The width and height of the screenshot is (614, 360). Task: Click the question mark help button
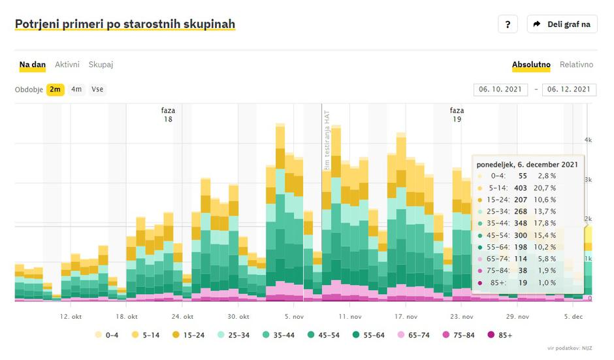point(508,24)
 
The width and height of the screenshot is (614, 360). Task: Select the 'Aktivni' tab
point(67,65)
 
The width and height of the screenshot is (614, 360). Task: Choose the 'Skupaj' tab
point(101,65)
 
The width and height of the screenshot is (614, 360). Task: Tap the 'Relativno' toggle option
point(576,65)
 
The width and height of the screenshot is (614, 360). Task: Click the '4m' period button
point(76,90)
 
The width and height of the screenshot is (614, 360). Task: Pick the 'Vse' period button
point(97,90)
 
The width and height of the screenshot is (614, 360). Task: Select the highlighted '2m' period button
point(55,90)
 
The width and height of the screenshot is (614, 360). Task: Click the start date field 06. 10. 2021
point(501,90)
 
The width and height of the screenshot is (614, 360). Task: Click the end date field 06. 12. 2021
point(569,90)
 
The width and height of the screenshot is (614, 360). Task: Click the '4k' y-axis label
point(588,140)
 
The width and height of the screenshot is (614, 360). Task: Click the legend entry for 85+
point(500,335)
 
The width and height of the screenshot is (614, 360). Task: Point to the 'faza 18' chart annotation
point(168,115)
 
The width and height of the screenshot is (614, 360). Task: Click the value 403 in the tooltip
point(521,188)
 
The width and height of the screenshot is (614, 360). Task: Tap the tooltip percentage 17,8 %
point(546,223)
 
